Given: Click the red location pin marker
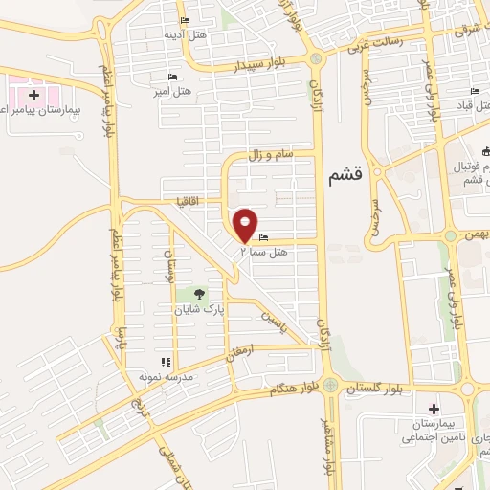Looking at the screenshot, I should [x=246, y=224].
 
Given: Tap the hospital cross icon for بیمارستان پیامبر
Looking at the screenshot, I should [x=34, y=95].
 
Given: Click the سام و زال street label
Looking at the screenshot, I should [x=270, y=154].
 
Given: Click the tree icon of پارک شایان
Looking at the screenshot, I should [x=199, y=294].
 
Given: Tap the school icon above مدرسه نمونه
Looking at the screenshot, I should [x=166, y=362].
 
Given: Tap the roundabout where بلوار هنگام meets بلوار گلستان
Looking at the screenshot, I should [x=329, y=386].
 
